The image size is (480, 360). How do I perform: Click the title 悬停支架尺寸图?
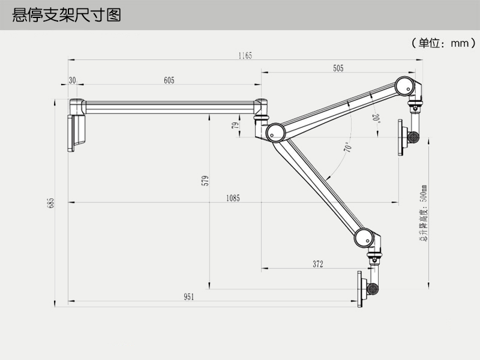[x=67, y=14]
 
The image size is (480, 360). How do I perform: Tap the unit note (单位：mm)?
[x=443, y=43]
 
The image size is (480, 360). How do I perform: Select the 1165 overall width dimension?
[x=245, y=55]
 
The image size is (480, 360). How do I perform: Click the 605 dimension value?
[x=169, y=80]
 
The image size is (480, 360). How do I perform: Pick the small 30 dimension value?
[x=73, y=80]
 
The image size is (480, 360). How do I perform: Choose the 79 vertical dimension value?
[x=236, y=125]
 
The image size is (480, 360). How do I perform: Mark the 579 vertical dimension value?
[x=205, y=181]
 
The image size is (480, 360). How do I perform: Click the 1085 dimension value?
[x=233, y=198]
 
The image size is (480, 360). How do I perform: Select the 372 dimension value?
[x=318, y=264]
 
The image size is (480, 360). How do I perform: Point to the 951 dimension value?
[x=190, y=296]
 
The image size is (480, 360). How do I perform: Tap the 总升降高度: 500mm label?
[x=423, y=212]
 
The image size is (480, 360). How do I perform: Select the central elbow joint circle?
[x=275, y=131]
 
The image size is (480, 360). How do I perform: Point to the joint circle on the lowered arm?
[x=364, y=238]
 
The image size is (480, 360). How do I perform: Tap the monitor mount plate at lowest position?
[x=361, y=289]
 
